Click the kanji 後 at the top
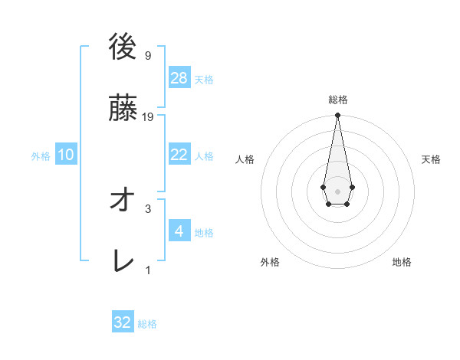pos(123,47)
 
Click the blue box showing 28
pos(179,77)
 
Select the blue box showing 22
pos(179,155)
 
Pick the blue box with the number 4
pos(179,231)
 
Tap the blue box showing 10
pos(66,155)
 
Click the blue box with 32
pos(123,322)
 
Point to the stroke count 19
pos(148,116)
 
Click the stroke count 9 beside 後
pos(147,55)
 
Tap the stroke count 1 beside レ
pos(147,270)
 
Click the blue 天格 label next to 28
pos(204,80)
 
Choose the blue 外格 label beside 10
pos(41,156)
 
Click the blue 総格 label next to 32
pos(147,325)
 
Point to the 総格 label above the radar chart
pos(338,100)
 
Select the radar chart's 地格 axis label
pos(402,262)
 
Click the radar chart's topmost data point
pos(337,116)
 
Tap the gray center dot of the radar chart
pos(337,190)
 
